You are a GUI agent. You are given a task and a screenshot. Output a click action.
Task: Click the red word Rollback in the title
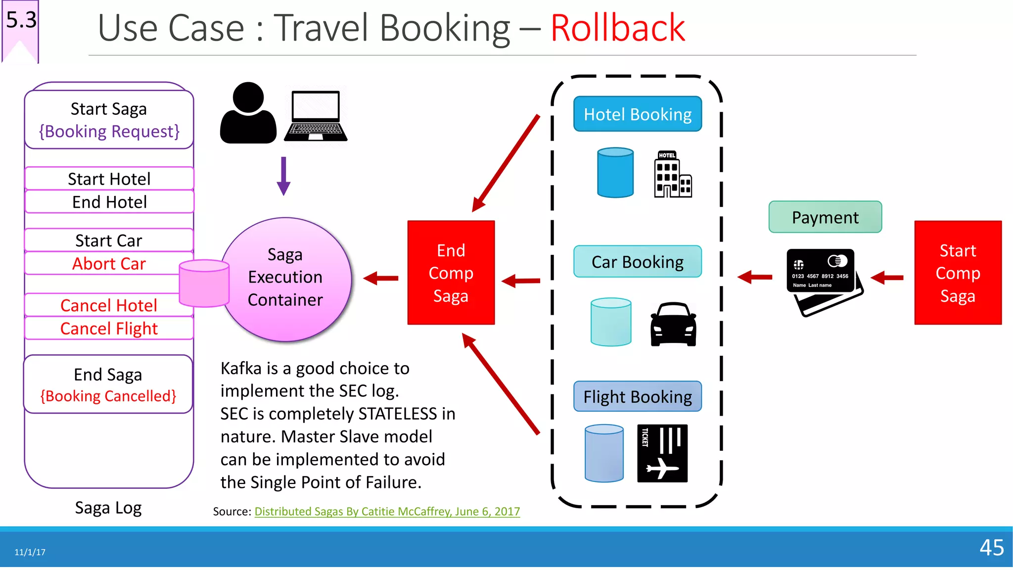617,28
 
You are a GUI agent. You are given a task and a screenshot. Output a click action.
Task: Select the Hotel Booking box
637,114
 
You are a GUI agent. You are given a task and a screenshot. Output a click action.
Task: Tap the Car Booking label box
637,262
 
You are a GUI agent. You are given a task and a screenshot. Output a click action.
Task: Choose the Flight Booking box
637,396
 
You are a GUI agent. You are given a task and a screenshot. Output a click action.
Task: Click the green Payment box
825,217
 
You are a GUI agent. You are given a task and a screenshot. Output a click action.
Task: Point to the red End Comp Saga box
451,273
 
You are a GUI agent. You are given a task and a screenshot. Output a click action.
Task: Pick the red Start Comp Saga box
958,273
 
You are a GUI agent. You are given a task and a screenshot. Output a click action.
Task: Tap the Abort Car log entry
109,264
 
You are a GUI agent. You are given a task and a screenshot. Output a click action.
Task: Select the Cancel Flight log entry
109,329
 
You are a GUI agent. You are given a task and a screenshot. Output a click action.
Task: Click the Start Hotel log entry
109,179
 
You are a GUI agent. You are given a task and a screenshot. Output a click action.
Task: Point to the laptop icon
316,116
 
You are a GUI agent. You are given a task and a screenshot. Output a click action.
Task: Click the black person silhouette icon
248,114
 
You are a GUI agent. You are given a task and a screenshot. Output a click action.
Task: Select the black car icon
673,324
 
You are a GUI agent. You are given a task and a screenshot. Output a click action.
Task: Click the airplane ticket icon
662,453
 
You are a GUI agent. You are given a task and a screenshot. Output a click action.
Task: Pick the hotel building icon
672,175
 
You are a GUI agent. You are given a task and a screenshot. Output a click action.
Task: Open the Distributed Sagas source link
387,512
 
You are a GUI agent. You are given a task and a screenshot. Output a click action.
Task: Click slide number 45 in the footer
991,547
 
